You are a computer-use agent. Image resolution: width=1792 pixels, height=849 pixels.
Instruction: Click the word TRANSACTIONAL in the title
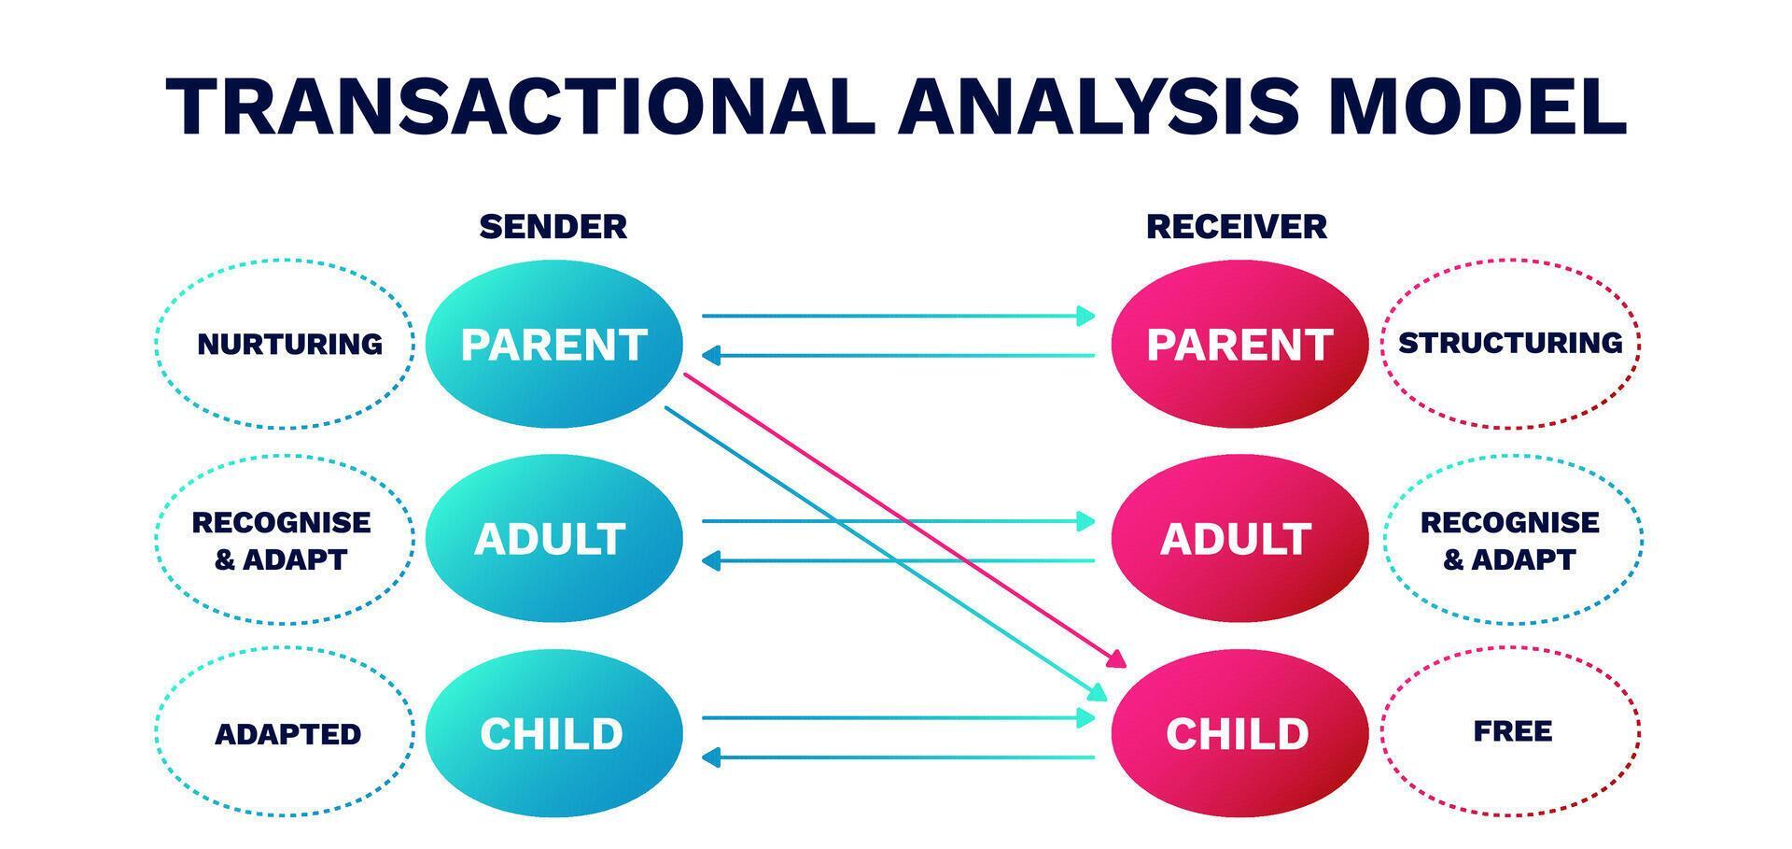[x=519, y=107]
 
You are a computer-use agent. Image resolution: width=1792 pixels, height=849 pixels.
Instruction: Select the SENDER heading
[x=553, y=227]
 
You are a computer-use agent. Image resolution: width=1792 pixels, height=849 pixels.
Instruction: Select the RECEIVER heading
[x=1236, y=227]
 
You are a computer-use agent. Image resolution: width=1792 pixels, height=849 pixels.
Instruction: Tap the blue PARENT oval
[x=553, y=345]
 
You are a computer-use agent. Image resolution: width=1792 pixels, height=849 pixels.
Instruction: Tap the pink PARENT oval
[x=1239, y=345]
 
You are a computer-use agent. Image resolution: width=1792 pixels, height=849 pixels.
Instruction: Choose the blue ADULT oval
[x=553, y=539]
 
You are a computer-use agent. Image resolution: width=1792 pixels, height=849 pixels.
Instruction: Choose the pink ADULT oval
[x=1239, y=539]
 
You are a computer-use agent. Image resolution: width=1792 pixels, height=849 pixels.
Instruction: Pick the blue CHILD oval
[x=553, y=734]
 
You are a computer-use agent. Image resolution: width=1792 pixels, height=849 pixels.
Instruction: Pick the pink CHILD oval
[x=1239, y=734]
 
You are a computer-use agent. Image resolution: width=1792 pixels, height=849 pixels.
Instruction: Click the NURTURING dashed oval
[x=286, y=345]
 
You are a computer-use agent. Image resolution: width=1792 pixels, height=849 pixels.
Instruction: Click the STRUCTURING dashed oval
[x=1510, y=344]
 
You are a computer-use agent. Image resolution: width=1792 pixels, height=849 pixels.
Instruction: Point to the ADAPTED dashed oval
[x=286, y=734]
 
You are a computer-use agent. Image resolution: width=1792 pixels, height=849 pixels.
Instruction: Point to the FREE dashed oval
[x=1510, y=731]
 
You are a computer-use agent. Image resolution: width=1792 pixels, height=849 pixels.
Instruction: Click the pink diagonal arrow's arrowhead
[x=1116, y=660]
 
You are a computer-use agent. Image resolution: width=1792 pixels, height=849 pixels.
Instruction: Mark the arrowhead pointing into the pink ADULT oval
[x=1086, y=521]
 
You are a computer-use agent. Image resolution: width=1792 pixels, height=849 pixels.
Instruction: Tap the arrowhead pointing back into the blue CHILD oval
[x=710, y=757]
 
